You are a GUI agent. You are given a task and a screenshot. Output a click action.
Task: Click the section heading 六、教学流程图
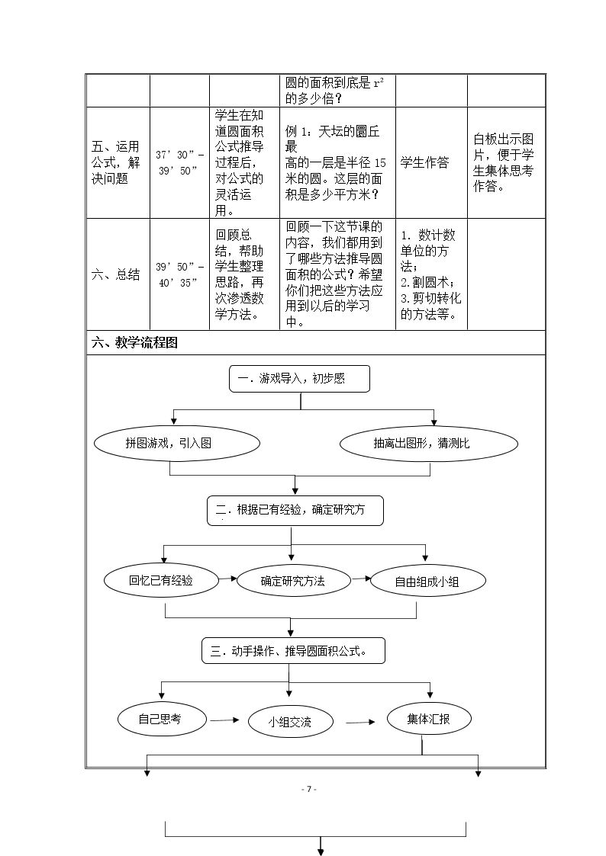tap(134, 343)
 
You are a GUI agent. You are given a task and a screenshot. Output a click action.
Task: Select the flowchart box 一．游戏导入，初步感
tap(299, 379)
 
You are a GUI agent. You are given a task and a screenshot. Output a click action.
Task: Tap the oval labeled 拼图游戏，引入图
tap(177, 444)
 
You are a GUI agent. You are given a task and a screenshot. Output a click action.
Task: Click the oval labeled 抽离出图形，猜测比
tap(429, 444)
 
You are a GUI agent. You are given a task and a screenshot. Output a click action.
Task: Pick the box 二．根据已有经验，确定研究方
tap(295, 511)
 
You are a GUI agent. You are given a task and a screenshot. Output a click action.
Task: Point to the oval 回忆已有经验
tap(161, 580)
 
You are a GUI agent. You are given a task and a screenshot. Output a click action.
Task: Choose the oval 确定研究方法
tap(293, 581)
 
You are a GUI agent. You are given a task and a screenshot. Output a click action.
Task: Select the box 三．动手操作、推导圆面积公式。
tap(293, 651)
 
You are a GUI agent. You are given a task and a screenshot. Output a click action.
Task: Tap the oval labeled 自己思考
tap(163, 720)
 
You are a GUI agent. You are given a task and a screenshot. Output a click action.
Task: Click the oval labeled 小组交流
tap(290, 723)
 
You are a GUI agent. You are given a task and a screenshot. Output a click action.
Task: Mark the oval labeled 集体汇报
tap(429, 719)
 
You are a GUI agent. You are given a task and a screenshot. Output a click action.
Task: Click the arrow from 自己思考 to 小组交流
tap(224, 720)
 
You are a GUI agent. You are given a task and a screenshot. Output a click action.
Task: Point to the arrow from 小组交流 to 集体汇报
tap(361, 723)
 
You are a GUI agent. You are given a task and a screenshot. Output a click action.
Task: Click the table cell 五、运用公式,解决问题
tap(118, 162)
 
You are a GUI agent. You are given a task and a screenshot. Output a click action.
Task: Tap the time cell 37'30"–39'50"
tap(180, 162)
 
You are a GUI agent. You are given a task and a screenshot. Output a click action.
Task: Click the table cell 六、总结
tap(118, 274)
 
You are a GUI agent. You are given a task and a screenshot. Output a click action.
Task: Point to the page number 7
tap(309, 789)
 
